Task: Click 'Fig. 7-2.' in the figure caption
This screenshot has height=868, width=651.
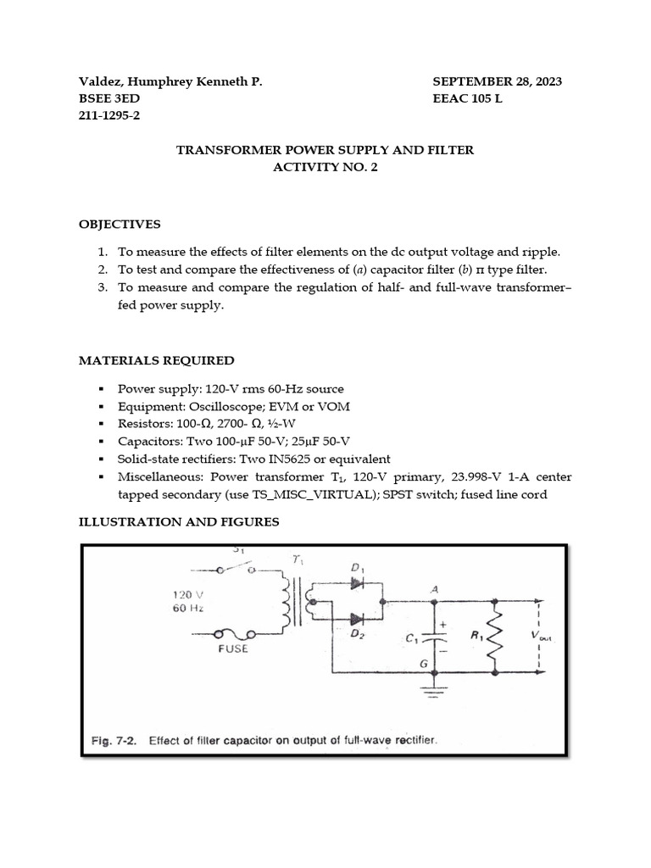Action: point(116,740)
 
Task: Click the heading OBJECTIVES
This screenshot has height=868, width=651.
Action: point(120,225)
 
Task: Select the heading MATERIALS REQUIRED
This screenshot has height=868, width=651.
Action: point(157,360)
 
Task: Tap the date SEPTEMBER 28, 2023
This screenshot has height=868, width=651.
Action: point(497,81)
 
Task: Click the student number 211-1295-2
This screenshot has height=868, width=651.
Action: point(109,115)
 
